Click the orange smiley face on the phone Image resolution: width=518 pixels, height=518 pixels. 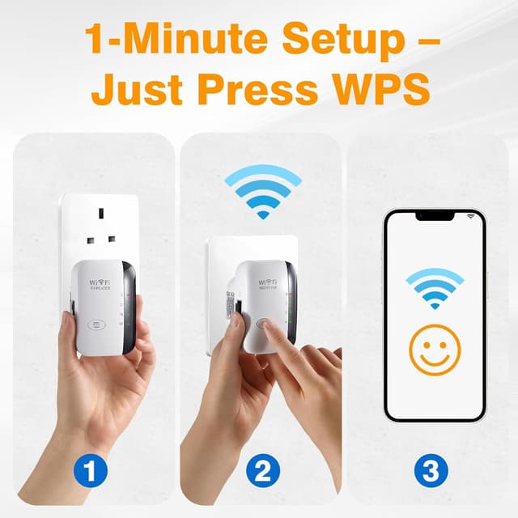click(x=435, y=350)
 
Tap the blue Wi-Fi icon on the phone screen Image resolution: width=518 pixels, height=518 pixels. click(x=435, y=287)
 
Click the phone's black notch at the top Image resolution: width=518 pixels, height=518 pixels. click(x=434, y=216)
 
